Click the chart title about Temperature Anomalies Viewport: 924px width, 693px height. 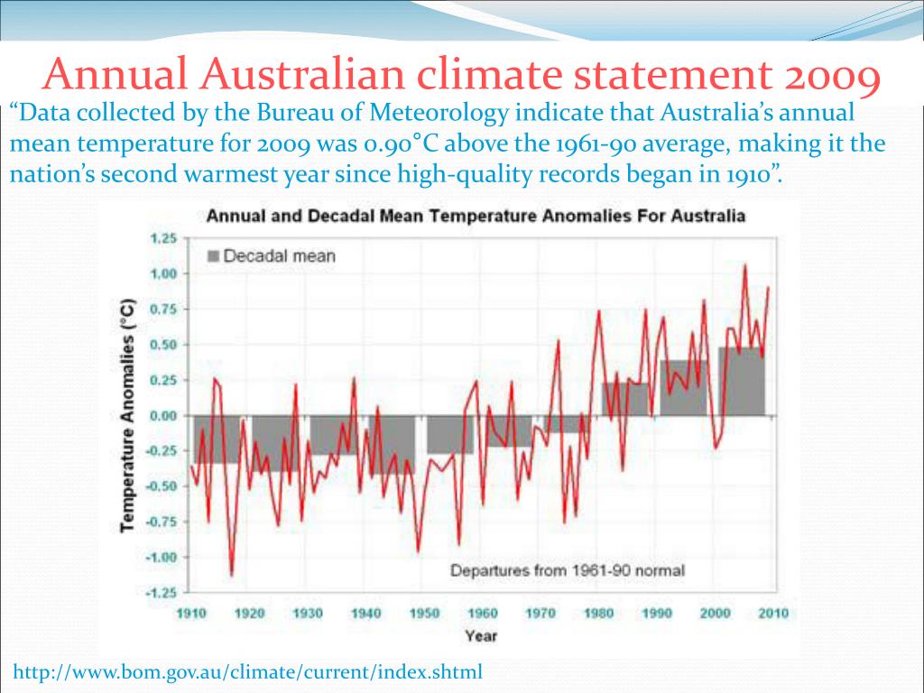[476, 217]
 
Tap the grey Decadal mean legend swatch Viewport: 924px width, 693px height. [213, 256]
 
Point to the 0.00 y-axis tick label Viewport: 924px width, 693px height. [162, 416]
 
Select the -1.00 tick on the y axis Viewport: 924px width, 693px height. [161, 558]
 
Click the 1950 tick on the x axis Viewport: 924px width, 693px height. [424, 614]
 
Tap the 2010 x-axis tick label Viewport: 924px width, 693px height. [773, 614]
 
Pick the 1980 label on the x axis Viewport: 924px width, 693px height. [598, 614]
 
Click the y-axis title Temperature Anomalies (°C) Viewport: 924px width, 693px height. [129, 415]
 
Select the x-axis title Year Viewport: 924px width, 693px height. [481, 636]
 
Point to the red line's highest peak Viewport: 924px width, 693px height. [744, 264]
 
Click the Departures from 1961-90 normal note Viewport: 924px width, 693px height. [567, 570]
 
